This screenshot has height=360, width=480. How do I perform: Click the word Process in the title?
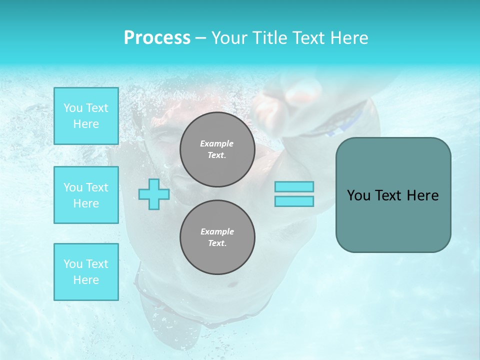point(157,38)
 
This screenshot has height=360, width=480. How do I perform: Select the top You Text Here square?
point(86,116)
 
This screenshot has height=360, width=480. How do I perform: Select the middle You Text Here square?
point(86,195)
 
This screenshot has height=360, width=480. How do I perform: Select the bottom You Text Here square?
point(86,272)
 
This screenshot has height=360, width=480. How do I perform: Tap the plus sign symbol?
point(154,194)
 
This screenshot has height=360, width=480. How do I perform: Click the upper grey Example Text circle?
point(217,149)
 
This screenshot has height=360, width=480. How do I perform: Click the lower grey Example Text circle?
point(217,237)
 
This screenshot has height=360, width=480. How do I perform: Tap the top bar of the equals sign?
point(294,187)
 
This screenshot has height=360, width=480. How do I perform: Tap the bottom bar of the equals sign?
point(294,201)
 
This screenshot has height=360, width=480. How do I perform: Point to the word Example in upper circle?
point(217,143)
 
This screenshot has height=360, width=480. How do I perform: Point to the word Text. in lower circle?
point(217,243)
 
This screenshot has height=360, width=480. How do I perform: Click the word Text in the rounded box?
point(387,195)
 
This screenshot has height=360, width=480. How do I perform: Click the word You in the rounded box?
point(358,195)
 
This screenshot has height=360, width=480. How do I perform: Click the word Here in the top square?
point(86,124)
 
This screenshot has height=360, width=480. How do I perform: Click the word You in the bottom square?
point(73,264)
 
